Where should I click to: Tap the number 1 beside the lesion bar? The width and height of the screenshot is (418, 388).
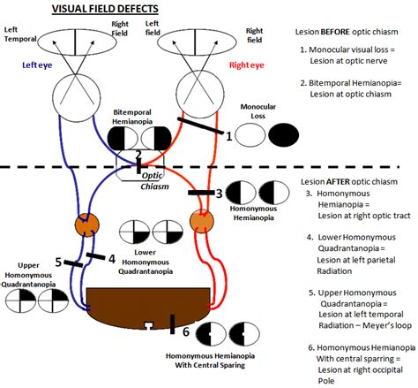(228, 136)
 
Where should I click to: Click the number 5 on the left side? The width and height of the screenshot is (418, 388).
(58, 262)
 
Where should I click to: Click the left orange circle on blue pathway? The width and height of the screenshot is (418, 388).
(86, 224)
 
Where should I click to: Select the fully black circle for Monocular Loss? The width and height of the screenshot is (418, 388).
(283, 135)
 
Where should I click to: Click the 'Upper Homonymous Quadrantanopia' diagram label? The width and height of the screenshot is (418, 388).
(28, 273)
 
